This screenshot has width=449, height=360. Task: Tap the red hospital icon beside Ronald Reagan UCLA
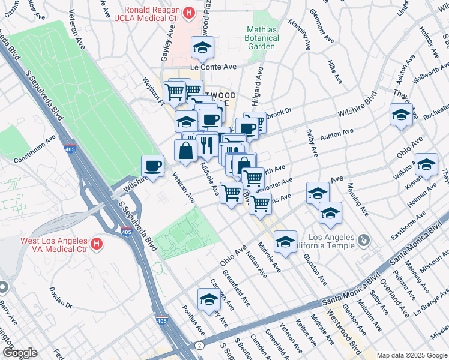[x=189, y=12]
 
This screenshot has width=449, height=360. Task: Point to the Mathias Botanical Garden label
[x=262, y=38]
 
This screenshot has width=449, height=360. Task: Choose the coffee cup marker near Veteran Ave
[x=152, y=165]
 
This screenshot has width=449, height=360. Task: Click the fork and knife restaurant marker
[x=206, y=145]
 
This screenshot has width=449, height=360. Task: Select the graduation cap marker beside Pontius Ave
[x=208, y=300]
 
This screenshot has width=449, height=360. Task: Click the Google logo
[x=20, y=353]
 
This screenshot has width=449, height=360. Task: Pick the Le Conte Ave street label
[x=214, y=67]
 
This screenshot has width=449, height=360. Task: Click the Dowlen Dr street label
[x=61, y=305]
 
